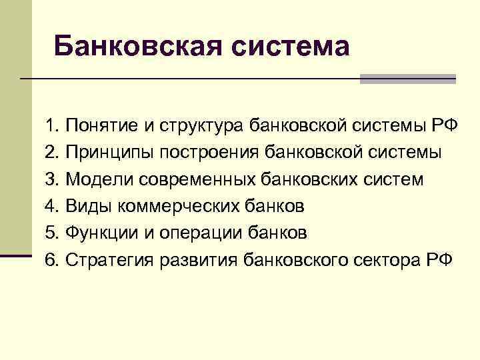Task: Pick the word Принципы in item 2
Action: pos(109,153)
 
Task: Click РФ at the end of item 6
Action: pos(438,259)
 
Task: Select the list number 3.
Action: pos(52,179)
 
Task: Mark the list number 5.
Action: pos(52,233)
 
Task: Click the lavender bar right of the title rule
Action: pos(407,79)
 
